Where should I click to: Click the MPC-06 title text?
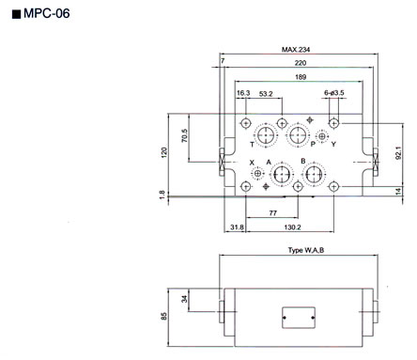(x=46, y=13)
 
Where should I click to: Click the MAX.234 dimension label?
(x=296, y=50)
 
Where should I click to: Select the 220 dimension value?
(x=301, y=63)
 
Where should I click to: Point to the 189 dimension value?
(x=301, y=77)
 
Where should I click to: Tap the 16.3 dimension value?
(x=243, y=93)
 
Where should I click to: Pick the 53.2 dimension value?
(x=266, y=94)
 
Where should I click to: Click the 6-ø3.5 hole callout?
(x=334, y=93)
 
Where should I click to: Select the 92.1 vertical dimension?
(x=398, y=153)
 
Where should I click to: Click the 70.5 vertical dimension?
(x=185, y=135)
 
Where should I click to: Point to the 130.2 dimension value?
(x=292, y=227)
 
